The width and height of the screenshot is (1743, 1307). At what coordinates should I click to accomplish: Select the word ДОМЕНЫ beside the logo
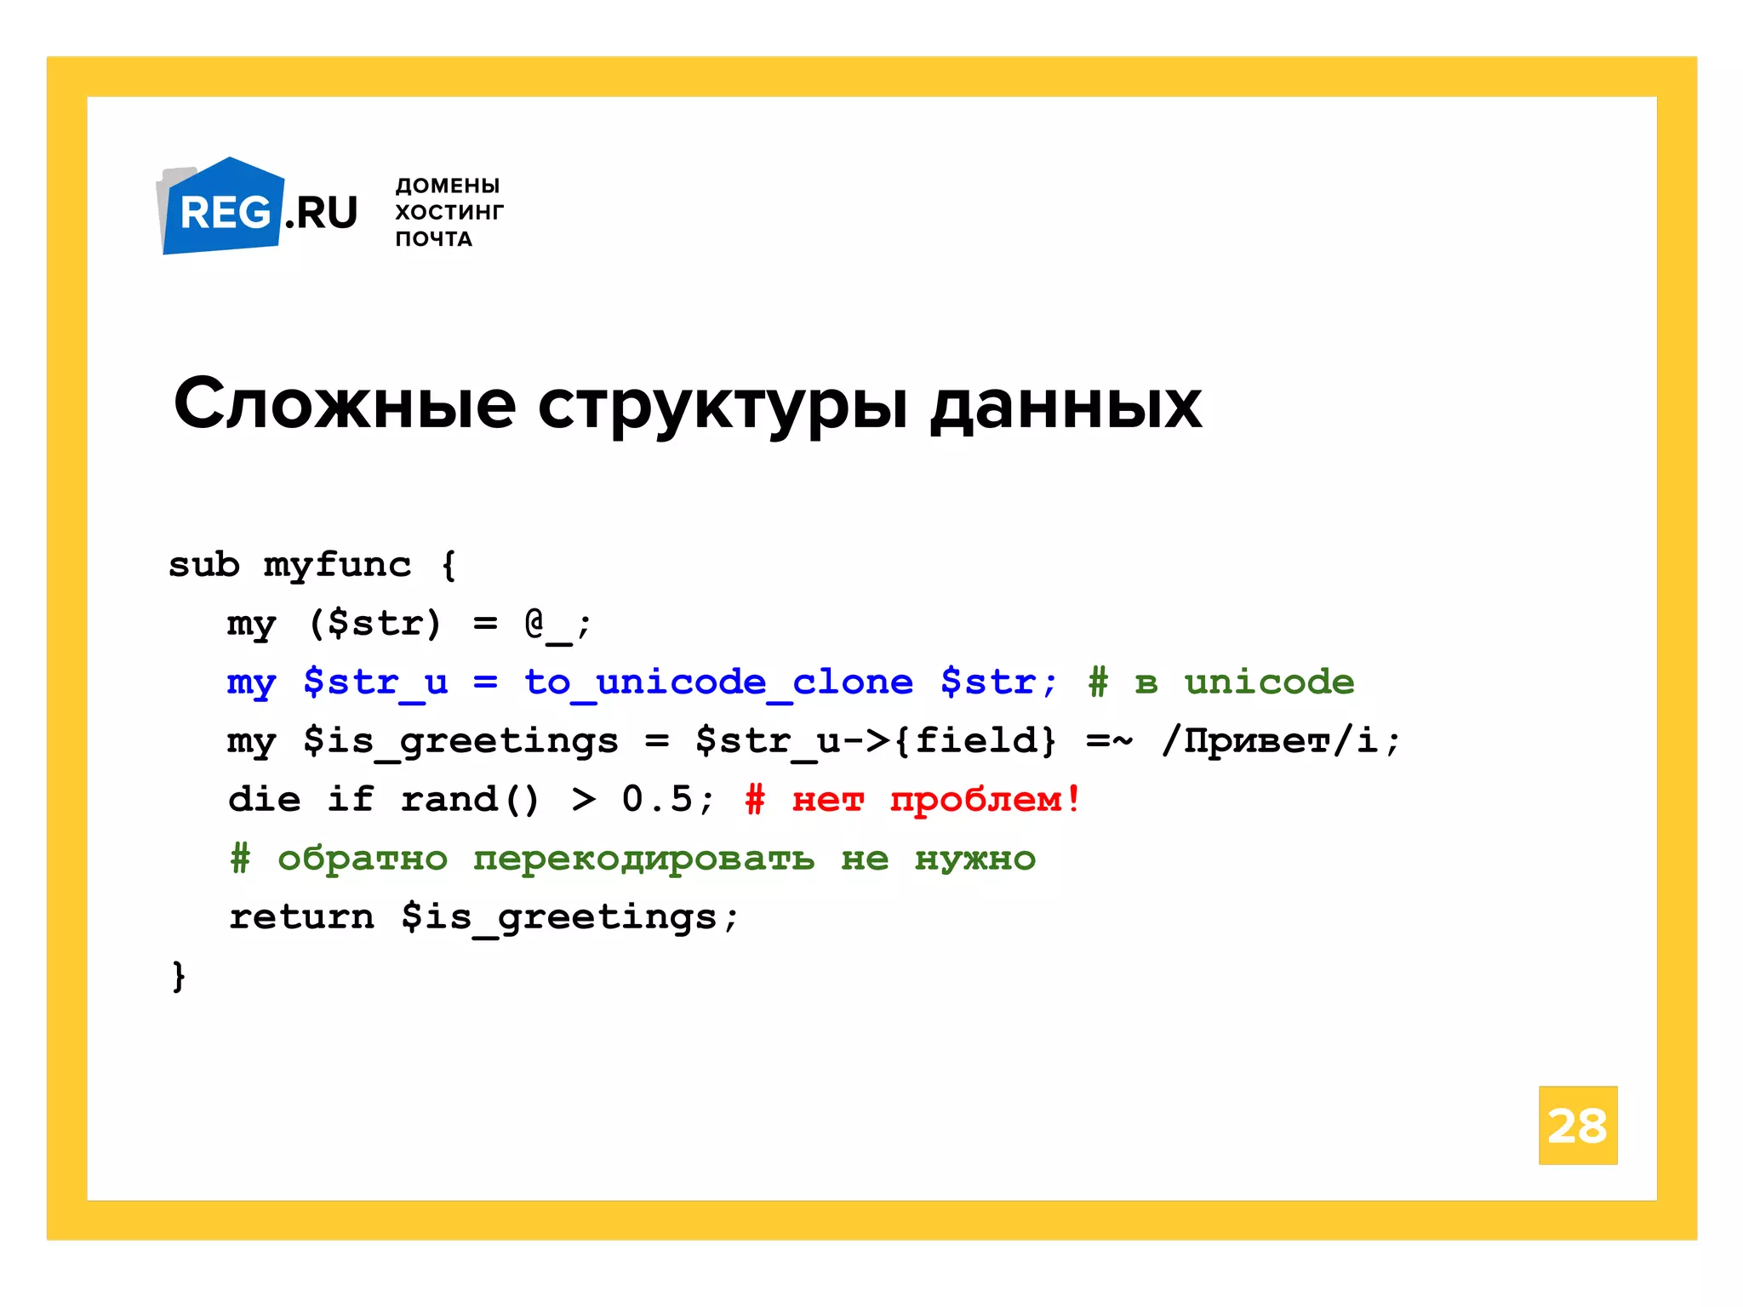click(x=447, y=185)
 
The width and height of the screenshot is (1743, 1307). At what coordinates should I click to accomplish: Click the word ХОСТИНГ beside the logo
click(x=449, y=212)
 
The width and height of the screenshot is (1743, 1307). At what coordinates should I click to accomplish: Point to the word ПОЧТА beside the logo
click(x=433, y=239)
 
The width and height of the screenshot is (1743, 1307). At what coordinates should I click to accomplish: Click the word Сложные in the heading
click(x=344, y=404)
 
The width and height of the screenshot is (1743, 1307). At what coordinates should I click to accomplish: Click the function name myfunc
click(x=337, y=565)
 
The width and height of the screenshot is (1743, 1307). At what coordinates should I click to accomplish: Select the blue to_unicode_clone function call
click(x=717, y=682)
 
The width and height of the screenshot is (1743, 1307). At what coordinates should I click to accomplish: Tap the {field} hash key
click(x=975, y=740)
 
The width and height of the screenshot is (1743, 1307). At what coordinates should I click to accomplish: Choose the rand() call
click(x=469, y=800)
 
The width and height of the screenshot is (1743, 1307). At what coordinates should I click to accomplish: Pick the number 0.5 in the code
click(x=657, y=799)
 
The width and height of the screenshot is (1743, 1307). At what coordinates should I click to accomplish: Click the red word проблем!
click(x=985, y=800)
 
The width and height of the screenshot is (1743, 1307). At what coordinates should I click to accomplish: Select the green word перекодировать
click(x=643, y=859)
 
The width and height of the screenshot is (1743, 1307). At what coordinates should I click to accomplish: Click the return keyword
click(x=301, y=917)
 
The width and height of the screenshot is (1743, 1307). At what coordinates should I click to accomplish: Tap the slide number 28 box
click(x=1577, y=1125)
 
